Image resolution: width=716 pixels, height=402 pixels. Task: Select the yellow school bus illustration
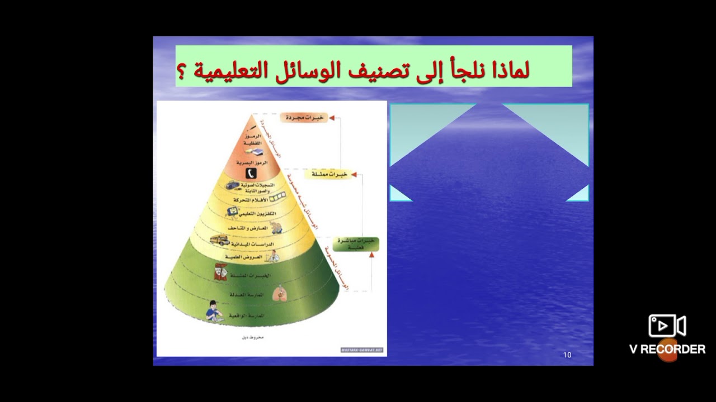point(219,241)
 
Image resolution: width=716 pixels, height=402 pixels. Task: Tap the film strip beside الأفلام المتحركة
point(278,198)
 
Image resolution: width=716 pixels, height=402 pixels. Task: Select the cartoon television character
point(230,212)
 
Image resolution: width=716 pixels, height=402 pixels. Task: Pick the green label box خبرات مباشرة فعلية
point(355,244)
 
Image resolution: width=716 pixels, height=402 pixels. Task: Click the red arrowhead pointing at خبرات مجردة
point(331,118)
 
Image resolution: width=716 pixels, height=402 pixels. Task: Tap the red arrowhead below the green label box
point(371,255)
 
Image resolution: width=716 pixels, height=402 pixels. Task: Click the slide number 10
point(567,355)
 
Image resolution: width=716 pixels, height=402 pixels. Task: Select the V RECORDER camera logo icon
point(667,326)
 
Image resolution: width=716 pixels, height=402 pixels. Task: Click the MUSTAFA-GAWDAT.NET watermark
point(362,350)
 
